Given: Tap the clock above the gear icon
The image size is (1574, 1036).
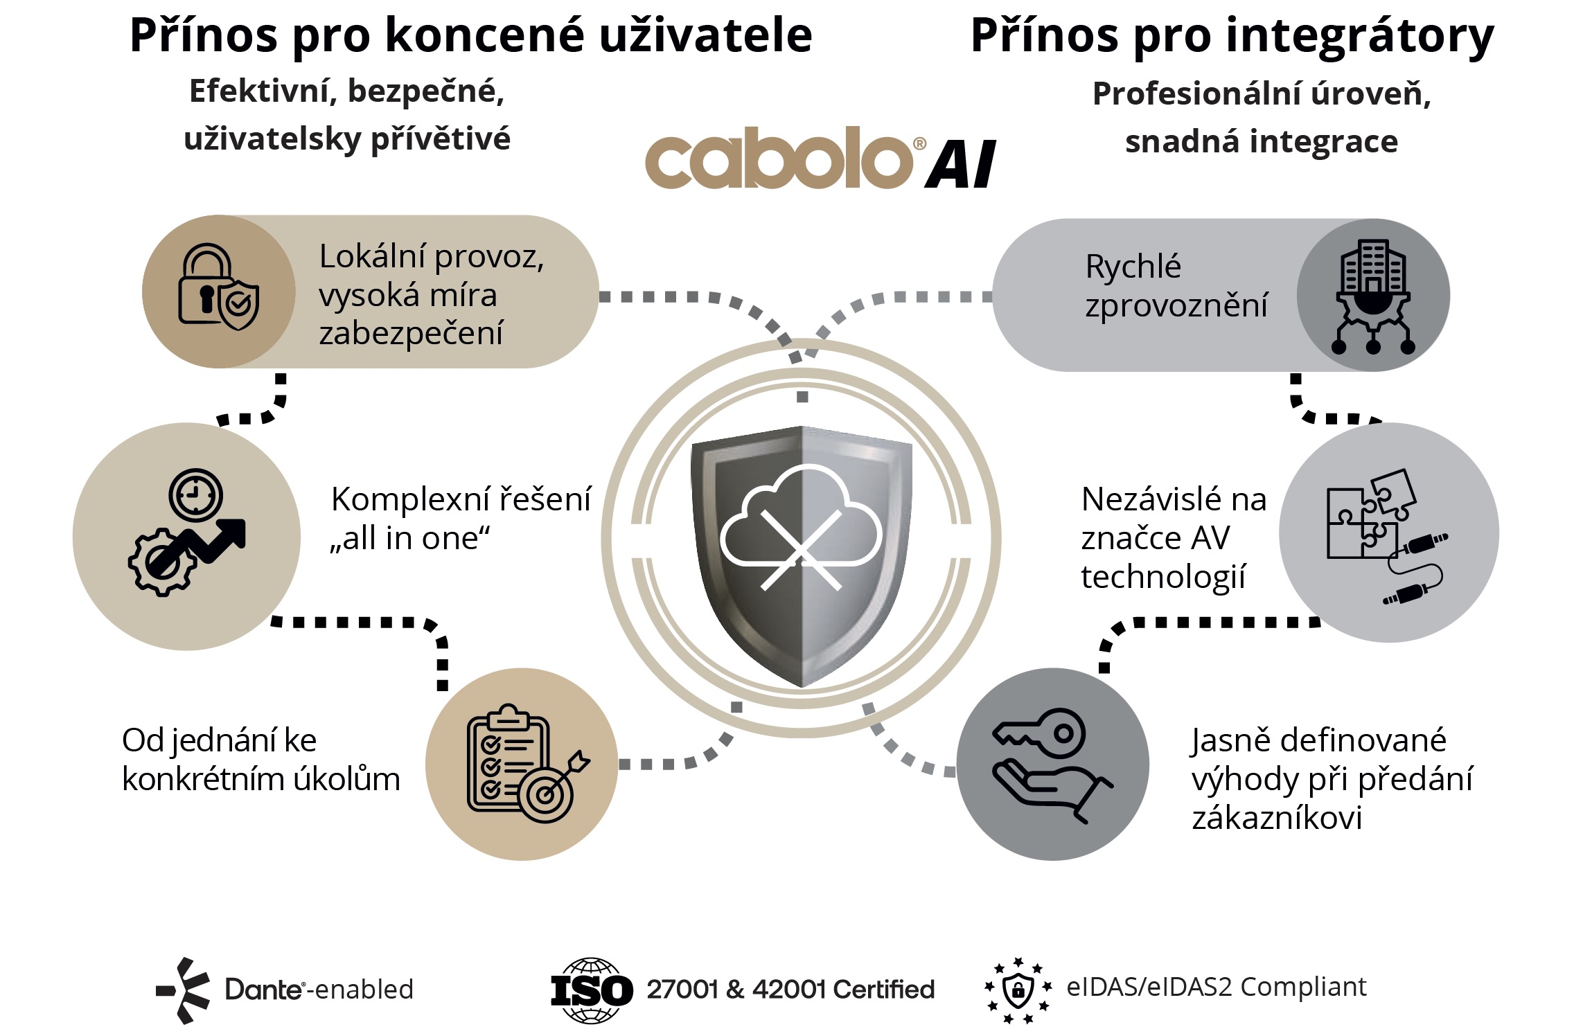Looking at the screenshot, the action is click(195, 495).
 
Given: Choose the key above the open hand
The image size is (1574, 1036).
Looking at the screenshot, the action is click(1039, 733).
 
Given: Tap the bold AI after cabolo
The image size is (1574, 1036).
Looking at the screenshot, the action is click(961, 164).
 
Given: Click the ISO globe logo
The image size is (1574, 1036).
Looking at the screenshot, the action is click(592, 990).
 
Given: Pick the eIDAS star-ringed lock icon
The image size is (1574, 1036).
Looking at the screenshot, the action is click(1018, 990).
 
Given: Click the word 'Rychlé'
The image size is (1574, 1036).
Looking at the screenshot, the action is click(1133, 267).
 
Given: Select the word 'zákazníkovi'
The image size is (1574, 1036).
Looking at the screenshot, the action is click(1277, 818).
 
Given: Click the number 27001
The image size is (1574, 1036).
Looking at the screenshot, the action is click(682, 989).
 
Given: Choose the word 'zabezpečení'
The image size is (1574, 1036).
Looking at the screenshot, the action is click(411, 334).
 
